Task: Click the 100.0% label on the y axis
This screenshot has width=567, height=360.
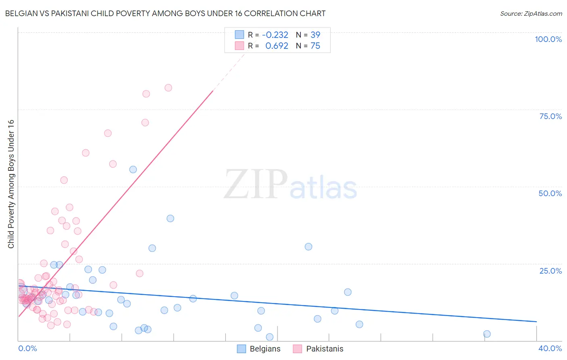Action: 548,39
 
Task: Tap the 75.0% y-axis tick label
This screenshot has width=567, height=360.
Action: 550,116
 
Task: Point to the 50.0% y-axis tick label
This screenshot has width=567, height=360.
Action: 550,193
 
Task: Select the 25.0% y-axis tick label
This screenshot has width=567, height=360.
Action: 550,270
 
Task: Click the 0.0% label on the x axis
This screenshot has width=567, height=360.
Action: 27,348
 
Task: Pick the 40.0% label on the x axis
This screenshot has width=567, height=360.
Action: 550,348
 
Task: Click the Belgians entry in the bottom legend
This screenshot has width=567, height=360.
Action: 265,349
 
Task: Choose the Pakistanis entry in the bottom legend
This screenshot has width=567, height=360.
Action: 324,349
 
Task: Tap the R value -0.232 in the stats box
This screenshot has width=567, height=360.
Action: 275,35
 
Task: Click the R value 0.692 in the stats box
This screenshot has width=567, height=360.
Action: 277,46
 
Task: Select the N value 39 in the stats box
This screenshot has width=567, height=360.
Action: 315,35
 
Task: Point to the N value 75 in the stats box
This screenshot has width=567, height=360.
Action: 315,46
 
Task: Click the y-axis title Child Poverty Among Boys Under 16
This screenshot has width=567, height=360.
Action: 11,184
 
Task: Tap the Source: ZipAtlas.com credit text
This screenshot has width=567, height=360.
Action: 531,13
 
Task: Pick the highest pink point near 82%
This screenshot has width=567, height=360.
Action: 168,88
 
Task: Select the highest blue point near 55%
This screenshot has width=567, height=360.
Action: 133,170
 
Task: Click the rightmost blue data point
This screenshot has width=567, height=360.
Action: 487,334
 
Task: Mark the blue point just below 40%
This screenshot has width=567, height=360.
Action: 170,218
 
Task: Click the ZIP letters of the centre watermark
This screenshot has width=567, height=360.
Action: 256,184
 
